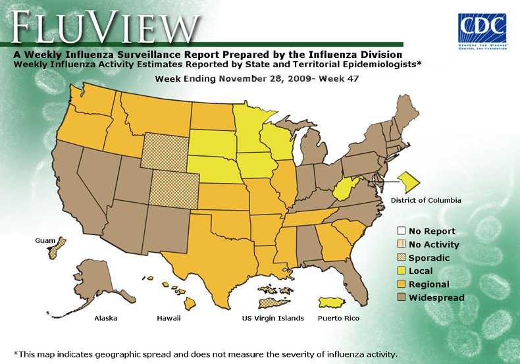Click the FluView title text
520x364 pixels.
pyautogui.click(x=105, y=28)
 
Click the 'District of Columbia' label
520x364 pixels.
pyautogui.click(x=426, y=200)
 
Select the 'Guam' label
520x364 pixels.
pyautogui.click(x=45, y=242)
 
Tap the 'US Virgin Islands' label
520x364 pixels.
pyautogui.click(x=273, y=319)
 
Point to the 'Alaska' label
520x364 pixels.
pyautogui.click(x=106, y=319)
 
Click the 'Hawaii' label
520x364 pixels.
pyautogui.click(x=169, y=319)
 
